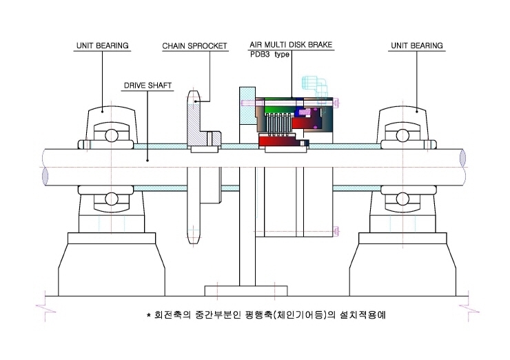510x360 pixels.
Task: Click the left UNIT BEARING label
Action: click(x=103, y=46)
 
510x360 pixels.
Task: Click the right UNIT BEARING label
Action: click(x=417, y=46)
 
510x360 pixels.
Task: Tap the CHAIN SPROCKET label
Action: click(x=194, y=46)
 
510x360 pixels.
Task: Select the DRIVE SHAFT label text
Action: click(x=147, y=86)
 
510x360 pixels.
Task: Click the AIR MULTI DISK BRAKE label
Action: click(x=291, y=45)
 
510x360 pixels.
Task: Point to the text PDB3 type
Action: click(x=269, y=54)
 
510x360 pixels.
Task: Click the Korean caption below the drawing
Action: click(x=266, y=314)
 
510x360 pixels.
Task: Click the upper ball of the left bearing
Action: click(x=111, y=135)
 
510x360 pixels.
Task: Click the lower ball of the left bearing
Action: click(x=111, y=199)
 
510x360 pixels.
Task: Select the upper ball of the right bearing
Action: click(x=402, y=135)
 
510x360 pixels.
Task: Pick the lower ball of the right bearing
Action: click(x=402, y=199)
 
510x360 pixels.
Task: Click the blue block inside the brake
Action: click(x=298, y=112)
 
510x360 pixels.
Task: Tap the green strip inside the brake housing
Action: click(x=279, y=109)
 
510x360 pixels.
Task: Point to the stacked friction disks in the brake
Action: click(x=278, y=125)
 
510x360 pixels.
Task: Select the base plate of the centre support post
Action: click(x=246, y=290)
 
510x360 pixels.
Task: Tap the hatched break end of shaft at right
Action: click(x=462, y=158)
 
